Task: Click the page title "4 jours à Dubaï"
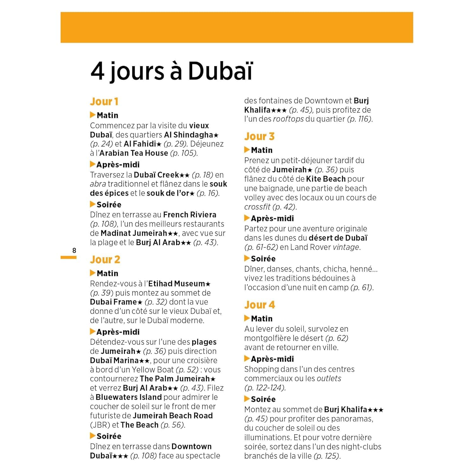point(172,71)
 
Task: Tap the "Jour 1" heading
point(104,101)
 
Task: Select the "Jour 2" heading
point(105,259)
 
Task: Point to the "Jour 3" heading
point(259,136)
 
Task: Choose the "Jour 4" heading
point(259,305)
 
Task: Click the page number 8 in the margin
point(74,251)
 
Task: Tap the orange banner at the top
point(237,27)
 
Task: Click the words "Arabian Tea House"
point(134,153)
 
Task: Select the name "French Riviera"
point(190,215)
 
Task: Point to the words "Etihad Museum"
point(177,283)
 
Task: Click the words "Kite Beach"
point(326,179)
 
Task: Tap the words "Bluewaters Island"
point(129,397)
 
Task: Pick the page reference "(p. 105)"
point(184,153)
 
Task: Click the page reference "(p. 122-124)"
point(265,387)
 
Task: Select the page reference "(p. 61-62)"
point(261,247)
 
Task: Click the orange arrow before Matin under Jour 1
point(93,115)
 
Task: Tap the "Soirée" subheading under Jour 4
point(263,399)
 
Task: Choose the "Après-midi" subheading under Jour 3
point(272,218)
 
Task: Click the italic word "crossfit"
point(257,207)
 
